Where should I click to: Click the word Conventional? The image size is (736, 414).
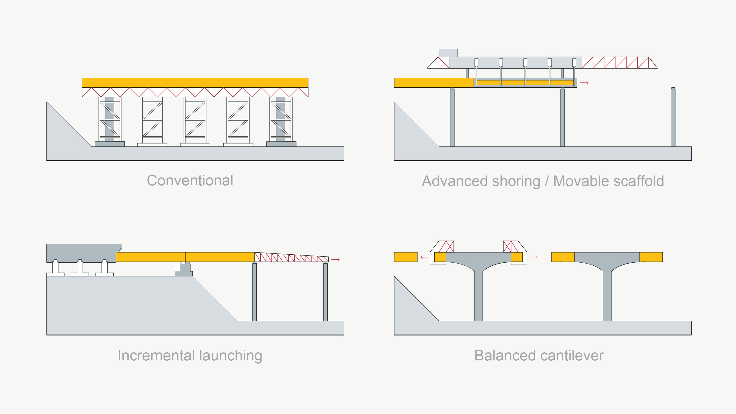click(x=190, y=181)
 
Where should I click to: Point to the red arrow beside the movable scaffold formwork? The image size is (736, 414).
click(x=584, y=83)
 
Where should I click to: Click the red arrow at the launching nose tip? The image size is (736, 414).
click(x=335, y=259)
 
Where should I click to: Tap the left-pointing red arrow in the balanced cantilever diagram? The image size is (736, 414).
click(x=425, y=257)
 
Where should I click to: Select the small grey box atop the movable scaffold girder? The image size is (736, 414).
click(x=448, y=53)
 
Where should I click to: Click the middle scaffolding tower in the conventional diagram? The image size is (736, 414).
click(x=195, y=120)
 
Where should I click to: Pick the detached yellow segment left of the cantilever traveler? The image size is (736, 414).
click(x=406, y=257)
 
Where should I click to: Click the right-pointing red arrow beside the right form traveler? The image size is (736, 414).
click(x=533, y=257)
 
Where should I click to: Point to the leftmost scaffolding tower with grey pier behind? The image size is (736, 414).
click(x=110, y=120)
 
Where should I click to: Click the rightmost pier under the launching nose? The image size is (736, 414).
click(x=325, y=291)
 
